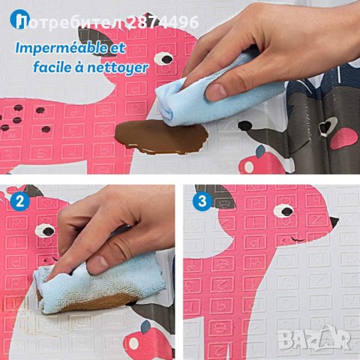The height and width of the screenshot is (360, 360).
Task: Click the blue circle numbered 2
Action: point(20,201)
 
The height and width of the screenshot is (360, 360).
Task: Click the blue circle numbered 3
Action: point(202,201)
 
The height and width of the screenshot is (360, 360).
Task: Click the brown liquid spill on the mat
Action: point(161,136)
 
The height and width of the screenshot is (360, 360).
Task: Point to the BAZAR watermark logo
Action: point(315,337)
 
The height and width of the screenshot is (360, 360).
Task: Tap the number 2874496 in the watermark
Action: point(163,22)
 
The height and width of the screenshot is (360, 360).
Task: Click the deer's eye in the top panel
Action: point(163,58)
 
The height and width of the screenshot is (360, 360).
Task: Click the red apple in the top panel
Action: point(261,163)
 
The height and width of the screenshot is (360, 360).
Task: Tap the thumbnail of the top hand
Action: point(215,91)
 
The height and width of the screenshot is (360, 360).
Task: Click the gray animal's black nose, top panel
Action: point(245,126)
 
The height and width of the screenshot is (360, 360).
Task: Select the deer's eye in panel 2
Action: point(45,231)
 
